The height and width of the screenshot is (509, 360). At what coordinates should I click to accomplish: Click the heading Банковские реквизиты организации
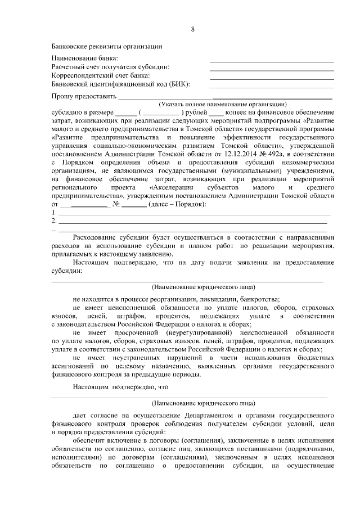click(x=107, y=46)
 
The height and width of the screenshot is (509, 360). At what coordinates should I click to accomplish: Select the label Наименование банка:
click(x=85, y=58)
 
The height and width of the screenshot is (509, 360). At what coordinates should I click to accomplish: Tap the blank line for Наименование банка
click(x=272, y=61)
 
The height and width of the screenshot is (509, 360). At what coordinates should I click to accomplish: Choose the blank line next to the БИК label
click(x=272, y=87)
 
